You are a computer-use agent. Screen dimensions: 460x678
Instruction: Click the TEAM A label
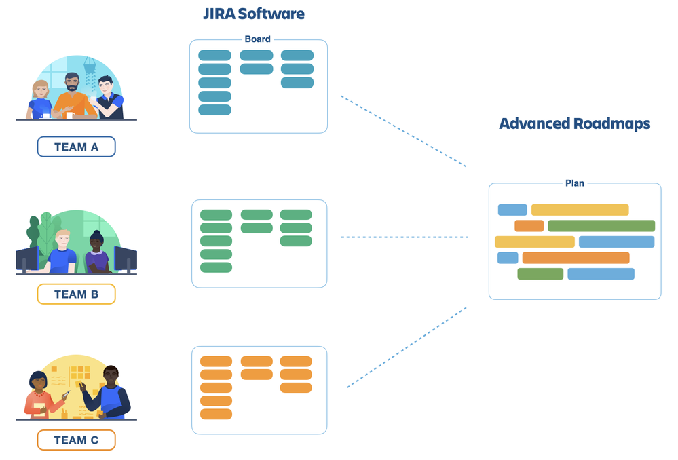[x=76, y=147]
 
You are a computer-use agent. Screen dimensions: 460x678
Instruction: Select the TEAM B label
[x=76, y=294]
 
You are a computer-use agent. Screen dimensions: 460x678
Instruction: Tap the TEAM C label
[x=76, y=440]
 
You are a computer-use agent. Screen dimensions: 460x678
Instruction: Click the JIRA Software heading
[x=254, y=14]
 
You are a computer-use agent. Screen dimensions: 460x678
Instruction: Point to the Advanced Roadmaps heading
[x=575, y=124]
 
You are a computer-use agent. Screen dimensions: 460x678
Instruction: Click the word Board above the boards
[x=258, y=39]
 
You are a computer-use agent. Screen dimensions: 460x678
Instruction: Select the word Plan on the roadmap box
[x=575, y=183]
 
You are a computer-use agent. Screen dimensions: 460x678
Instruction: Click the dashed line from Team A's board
[x=403, y=131]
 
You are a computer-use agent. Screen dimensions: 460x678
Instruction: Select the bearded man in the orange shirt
[x=73, y=97]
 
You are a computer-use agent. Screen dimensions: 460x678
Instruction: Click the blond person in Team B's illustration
[x=62, y=251]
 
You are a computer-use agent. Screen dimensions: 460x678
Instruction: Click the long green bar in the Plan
[x=601, y=226]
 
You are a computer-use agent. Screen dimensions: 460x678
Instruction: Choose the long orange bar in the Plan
[x=576, y=258]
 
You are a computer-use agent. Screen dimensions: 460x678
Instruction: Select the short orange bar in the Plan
[x=529, y=226]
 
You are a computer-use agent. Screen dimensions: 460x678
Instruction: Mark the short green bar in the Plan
[x=540, y=274]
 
